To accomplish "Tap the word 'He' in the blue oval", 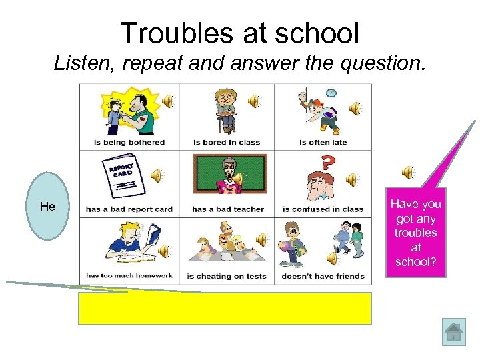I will click(x=47, y=207).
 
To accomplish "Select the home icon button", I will click(x=453, y=332).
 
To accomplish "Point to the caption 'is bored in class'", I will click(x=227, y=142).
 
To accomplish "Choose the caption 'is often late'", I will click(x=323, y=142).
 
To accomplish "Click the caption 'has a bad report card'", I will click(x=129, y=209).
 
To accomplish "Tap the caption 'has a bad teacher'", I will click(x=228, y=209).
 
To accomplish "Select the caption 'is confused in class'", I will click(x=323, y=209).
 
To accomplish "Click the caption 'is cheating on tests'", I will click(x=227, y=276).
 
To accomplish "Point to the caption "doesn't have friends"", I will click(x=323, y=276).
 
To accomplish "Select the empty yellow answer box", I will click(x=225, y=308).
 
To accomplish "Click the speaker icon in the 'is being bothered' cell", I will click(x=167, y=101).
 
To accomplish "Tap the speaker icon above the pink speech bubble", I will click(x=409, y=173).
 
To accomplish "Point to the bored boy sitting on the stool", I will click(x=226, y=109).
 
